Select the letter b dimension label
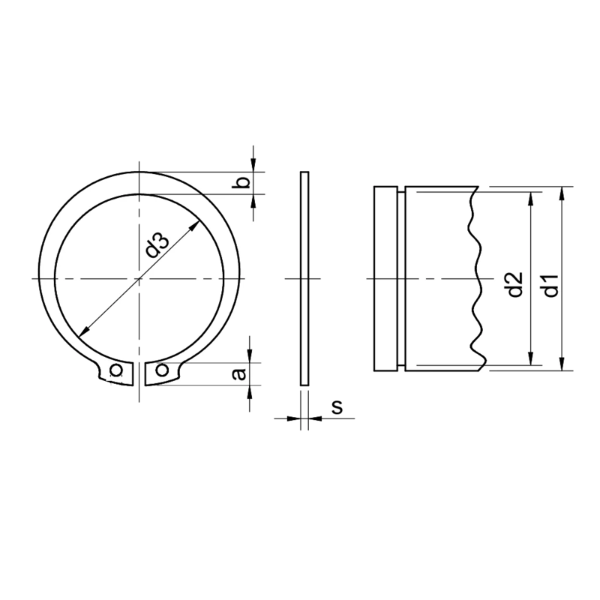coord(241,184)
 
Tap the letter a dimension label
coord(240,373)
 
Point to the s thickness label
coord(337,407)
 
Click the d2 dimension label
coord(514,284)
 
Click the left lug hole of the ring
coord(115,370)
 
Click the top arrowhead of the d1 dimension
coord(562,190)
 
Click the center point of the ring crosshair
coord(139,279)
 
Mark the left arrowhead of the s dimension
coord(295,418)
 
